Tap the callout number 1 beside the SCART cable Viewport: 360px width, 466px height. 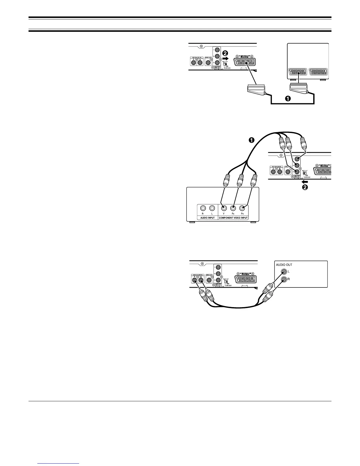(x=289, y=99)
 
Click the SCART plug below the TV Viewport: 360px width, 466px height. (x=298, y=87)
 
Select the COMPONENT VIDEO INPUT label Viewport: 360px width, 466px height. (x=234, y=218)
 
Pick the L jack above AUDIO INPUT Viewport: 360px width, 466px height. (x=212, y=208)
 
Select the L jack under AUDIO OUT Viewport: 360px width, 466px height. (x=284, y=272)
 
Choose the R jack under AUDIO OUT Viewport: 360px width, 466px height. (x=284, y=280)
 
